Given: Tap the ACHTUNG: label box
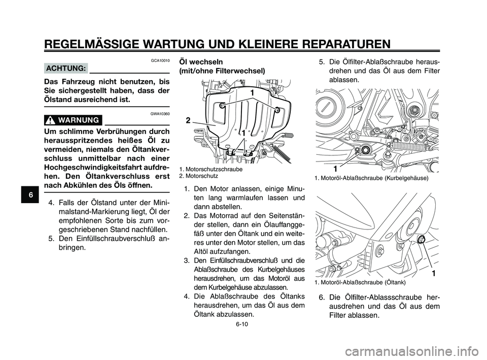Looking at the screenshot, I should (x=66, y=68).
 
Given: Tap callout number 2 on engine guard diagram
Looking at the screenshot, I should (x=188, y=120).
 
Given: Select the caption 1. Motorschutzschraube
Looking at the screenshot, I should (x=211, y=169).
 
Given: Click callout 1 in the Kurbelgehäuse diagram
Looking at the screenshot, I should (x=335, y=168).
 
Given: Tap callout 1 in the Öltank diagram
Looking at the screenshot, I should (x=434, y=274).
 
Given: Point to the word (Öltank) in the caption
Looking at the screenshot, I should (x=395, y=282).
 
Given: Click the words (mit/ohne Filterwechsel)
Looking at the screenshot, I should (x=221, y=72).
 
